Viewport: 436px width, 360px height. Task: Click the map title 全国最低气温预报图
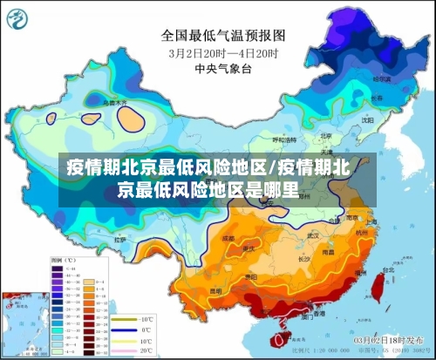pos(223,36)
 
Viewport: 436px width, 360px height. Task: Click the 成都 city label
pos(228,237)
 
